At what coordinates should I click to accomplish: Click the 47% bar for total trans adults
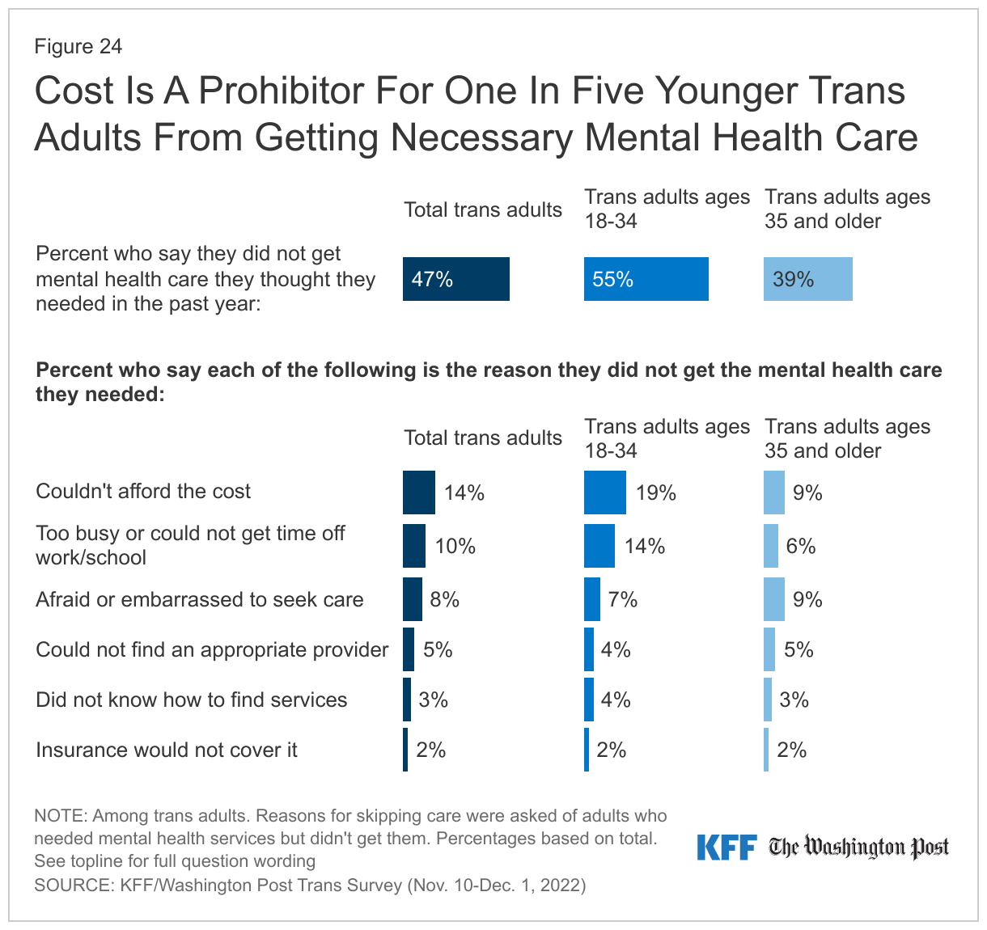tap(455, 279)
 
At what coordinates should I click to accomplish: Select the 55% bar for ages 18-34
tap(646, 279)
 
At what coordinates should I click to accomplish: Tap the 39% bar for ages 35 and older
tap(807, 279)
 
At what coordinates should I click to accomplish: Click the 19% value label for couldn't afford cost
tap(655, 493)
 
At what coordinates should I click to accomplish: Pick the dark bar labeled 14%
tap(418, 492)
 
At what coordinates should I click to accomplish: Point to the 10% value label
tap(455, 547)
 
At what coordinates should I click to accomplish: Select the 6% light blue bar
tap(770, 546)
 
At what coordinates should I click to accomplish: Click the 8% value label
tap(445, 599)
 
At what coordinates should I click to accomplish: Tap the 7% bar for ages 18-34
tap(591, 599)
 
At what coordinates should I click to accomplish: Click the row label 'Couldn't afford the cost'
tap(143, 492)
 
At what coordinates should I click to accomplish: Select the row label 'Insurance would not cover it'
tap(166, 750)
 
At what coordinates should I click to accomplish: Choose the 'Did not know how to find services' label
tap(191, 700)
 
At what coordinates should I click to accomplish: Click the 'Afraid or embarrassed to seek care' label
tap(199, 600)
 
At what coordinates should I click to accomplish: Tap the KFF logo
tap(726, 848)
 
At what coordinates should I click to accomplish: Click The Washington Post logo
tap(858, 848)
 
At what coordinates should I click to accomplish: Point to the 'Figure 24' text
tap(78, 47)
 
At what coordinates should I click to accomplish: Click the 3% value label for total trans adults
tap(434, 700)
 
